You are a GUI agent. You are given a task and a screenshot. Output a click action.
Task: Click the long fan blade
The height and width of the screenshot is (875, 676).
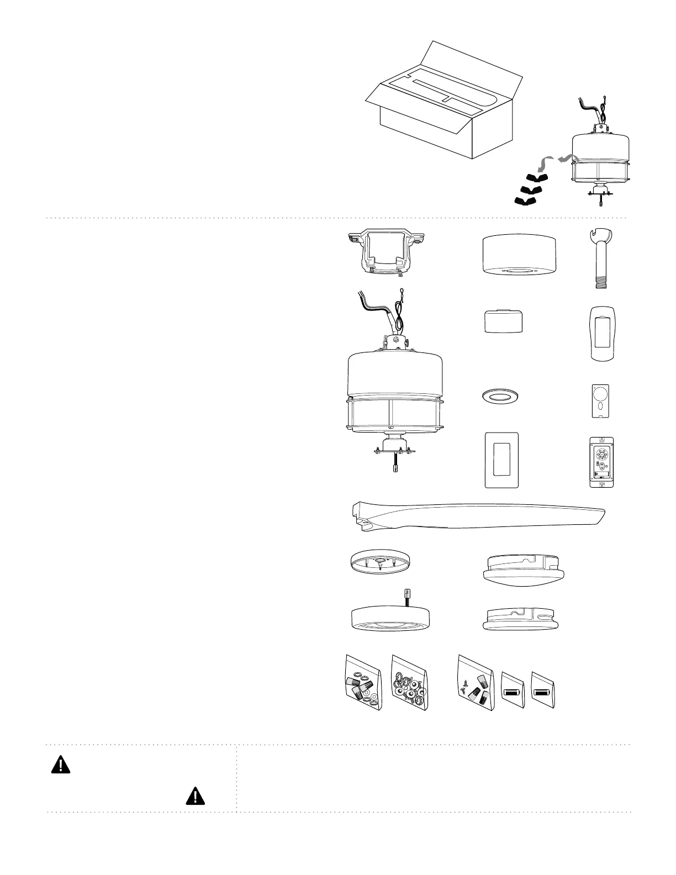475,514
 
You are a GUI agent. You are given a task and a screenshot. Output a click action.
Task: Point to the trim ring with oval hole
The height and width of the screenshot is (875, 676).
500,397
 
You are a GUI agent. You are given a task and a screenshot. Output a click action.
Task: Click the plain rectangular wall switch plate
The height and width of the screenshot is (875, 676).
501,460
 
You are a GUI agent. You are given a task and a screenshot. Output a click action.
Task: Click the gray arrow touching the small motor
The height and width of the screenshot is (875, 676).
564,159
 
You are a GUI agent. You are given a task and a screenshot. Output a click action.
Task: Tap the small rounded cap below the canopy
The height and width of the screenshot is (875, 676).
503,321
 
